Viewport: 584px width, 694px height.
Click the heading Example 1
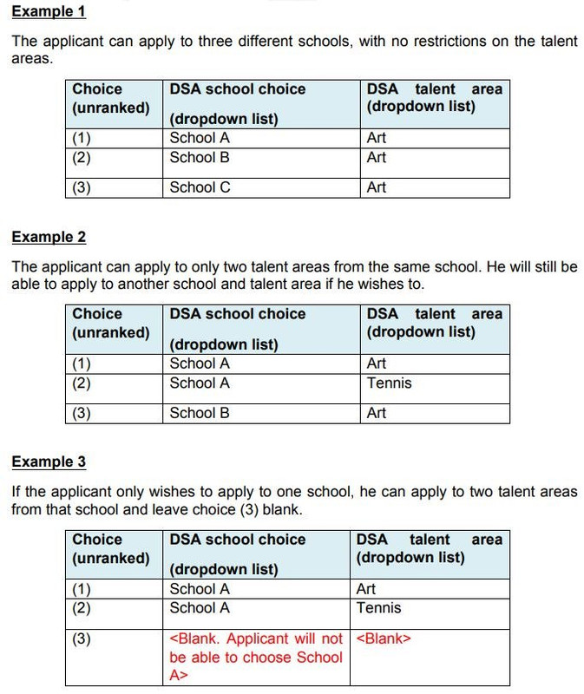pyautogui.click(x=49, y=12)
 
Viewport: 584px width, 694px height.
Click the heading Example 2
pyautogui.click(x=49, y=237)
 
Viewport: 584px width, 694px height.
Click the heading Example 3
pyautogui.click(x=49, y=462)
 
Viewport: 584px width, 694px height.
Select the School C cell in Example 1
pyautogui.click(x=200, y=187)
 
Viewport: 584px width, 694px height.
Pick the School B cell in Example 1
pyautogui.click(x=200, y=158)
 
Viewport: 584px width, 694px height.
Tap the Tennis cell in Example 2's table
pyautogui.click(x=390, y=383)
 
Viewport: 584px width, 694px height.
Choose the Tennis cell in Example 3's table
pyautogui.click(x=379, y=608)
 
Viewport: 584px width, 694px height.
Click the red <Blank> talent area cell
pyautogui.click(x=384, y=639)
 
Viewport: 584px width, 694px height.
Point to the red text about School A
pyautogui.click(x=256, y=657)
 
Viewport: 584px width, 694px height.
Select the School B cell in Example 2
pyautogui.click(x=200, y=413)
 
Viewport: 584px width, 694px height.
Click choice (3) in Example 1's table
pyautogui.click(x=82, y=187)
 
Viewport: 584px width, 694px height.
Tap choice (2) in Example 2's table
pyautogui.click(x=82, y=383)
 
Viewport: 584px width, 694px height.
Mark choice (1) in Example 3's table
pyautogui.click(x=82, y=589)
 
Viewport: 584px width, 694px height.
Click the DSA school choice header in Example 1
pyautogui.click(x=238, y=89)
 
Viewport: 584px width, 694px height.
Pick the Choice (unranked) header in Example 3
pyautogui.click(x=110, y=548)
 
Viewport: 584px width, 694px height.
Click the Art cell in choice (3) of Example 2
pyautogui.click(x=377, y=413)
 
